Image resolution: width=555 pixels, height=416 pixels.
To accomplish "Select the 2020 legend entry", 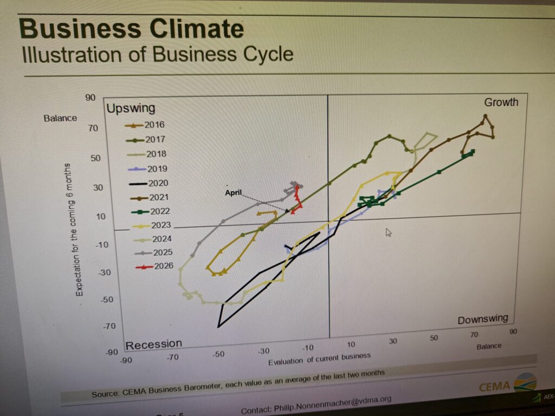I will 157,183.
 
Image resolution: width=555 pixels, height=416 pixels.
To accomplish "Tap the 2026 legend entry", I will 163,266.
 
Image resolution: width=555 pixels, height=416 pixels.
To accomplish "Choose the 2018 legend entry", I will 156,154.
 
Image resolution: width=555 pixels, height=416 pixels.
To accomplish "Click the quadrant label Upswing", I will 131,108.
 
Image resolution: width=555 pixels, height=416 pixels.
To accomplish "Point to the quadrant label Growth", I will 501,102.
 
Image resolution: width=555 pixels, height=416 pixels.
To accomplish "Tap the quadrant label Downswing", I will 482,319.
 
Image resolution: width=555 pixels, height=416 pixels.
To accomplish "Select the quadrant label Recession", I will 154,344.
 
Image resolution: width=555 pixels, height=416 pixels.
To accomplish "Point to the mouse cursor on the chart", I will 388,232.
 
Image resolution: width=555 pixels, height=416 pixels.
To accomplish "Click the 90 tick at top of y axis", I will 90,97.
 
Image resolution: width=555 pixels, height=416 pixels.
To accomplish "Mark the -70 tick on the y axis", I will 110,326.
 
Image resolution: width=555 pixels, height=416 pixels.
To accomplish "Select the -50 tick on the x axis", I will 218,354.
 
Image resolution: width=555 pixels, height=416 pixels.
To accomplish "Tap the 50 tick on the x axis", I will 433,337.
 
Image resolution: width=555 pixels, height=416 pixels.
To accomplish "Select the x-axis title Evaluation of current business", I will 319,359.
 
